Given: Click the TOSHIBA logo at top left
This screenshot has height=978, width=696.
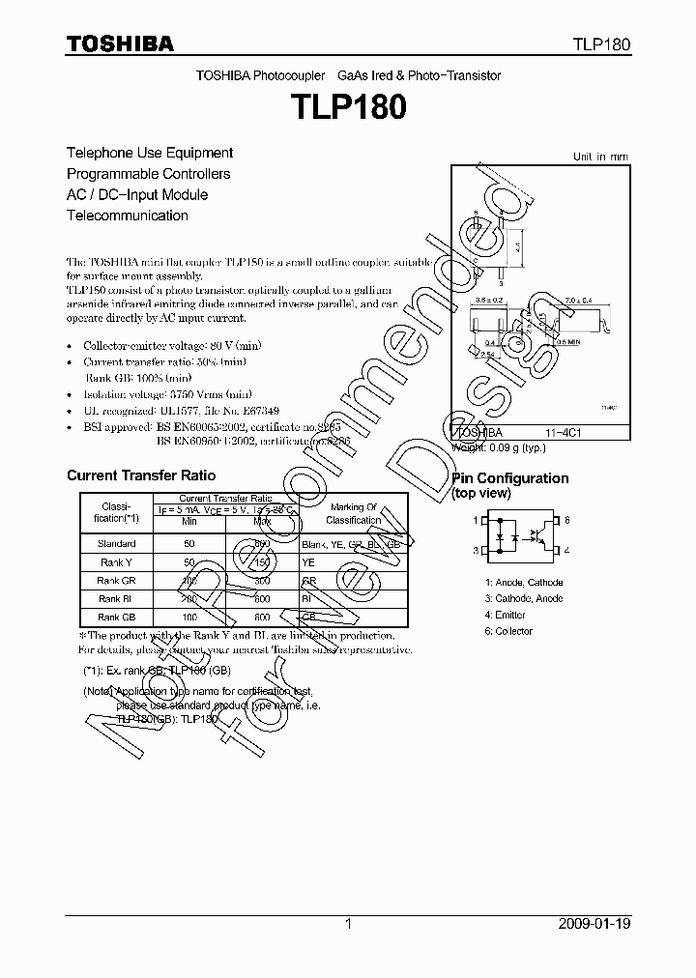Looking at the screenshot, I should tap(120, 43).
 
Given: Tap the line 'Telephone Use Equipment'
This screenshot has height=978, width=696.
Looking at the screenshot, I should tap(149, 153).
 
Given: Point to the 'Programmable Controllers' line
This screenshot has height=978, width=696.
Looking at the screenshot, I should tap(148, 174).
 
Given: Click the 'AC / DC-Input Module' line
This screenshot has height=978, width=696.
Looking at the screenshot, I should tap(136, 194).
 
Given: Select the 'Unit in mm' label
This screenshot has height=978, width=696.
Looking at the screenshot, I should tap(600, 157).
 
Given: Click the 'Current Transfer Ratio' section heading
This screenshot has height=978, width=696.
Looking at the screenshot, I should tap(141, 475).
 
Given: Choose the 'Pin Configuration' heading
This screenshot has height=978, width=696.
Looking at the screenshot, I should tap(510, 478).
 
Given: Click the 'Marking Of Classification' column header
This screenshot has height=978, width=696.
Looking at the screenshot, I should tap(353, 513).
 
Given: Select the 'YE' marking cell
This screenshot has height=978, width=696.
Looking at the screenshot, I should tap(309, 562).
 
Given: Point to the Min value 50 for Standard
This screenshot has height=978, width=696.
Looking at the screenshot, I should tap(189, 544).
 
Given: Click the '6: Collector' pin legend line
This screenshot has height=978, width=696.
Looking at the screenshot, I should tap(508, 631).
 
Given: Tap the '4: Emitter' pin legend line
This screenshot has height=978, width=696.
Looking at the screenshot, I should tap(506, 615).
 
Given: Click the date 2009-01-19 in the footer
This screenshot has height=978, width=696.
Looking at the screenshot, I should tap(594, 924).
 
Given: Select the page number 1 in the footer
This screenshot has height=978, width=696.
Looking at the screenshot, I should tap(348, 924).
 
